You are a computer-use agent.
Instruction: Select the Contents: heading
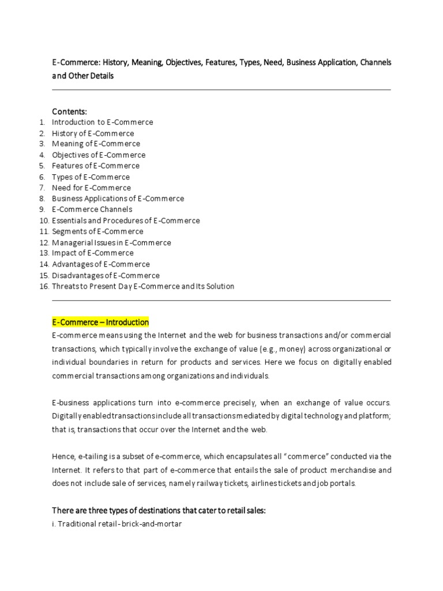(x=70, y=111)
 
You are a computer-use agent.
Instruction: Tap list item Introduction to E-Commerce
(x=102, y=122)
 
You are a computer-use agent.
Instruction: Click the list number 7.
(x=42, y=188)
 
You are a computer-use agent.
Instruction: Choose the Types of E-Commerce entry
(x=91, y=177)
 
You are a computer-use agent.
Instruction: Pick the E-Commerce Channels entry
(x=92, y=209)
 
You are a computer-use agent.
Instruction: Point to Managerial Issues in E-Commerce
(x=111, y=242)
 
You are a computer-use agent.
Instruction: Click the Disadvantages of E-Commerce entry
(x=106, y=275)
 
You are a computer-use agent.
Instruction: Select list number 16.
(x=44, y=286)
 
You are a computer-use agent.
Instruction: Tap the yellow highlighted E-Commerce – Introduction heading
(x=100, y=323)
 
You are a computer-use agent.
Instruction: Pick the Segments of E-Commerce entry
(x=97, y=231)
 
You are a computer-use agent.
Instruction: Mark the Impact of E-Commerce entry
(x=92, y=253)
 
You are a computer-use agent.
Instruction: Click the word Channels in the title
(x=376, y=62)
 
